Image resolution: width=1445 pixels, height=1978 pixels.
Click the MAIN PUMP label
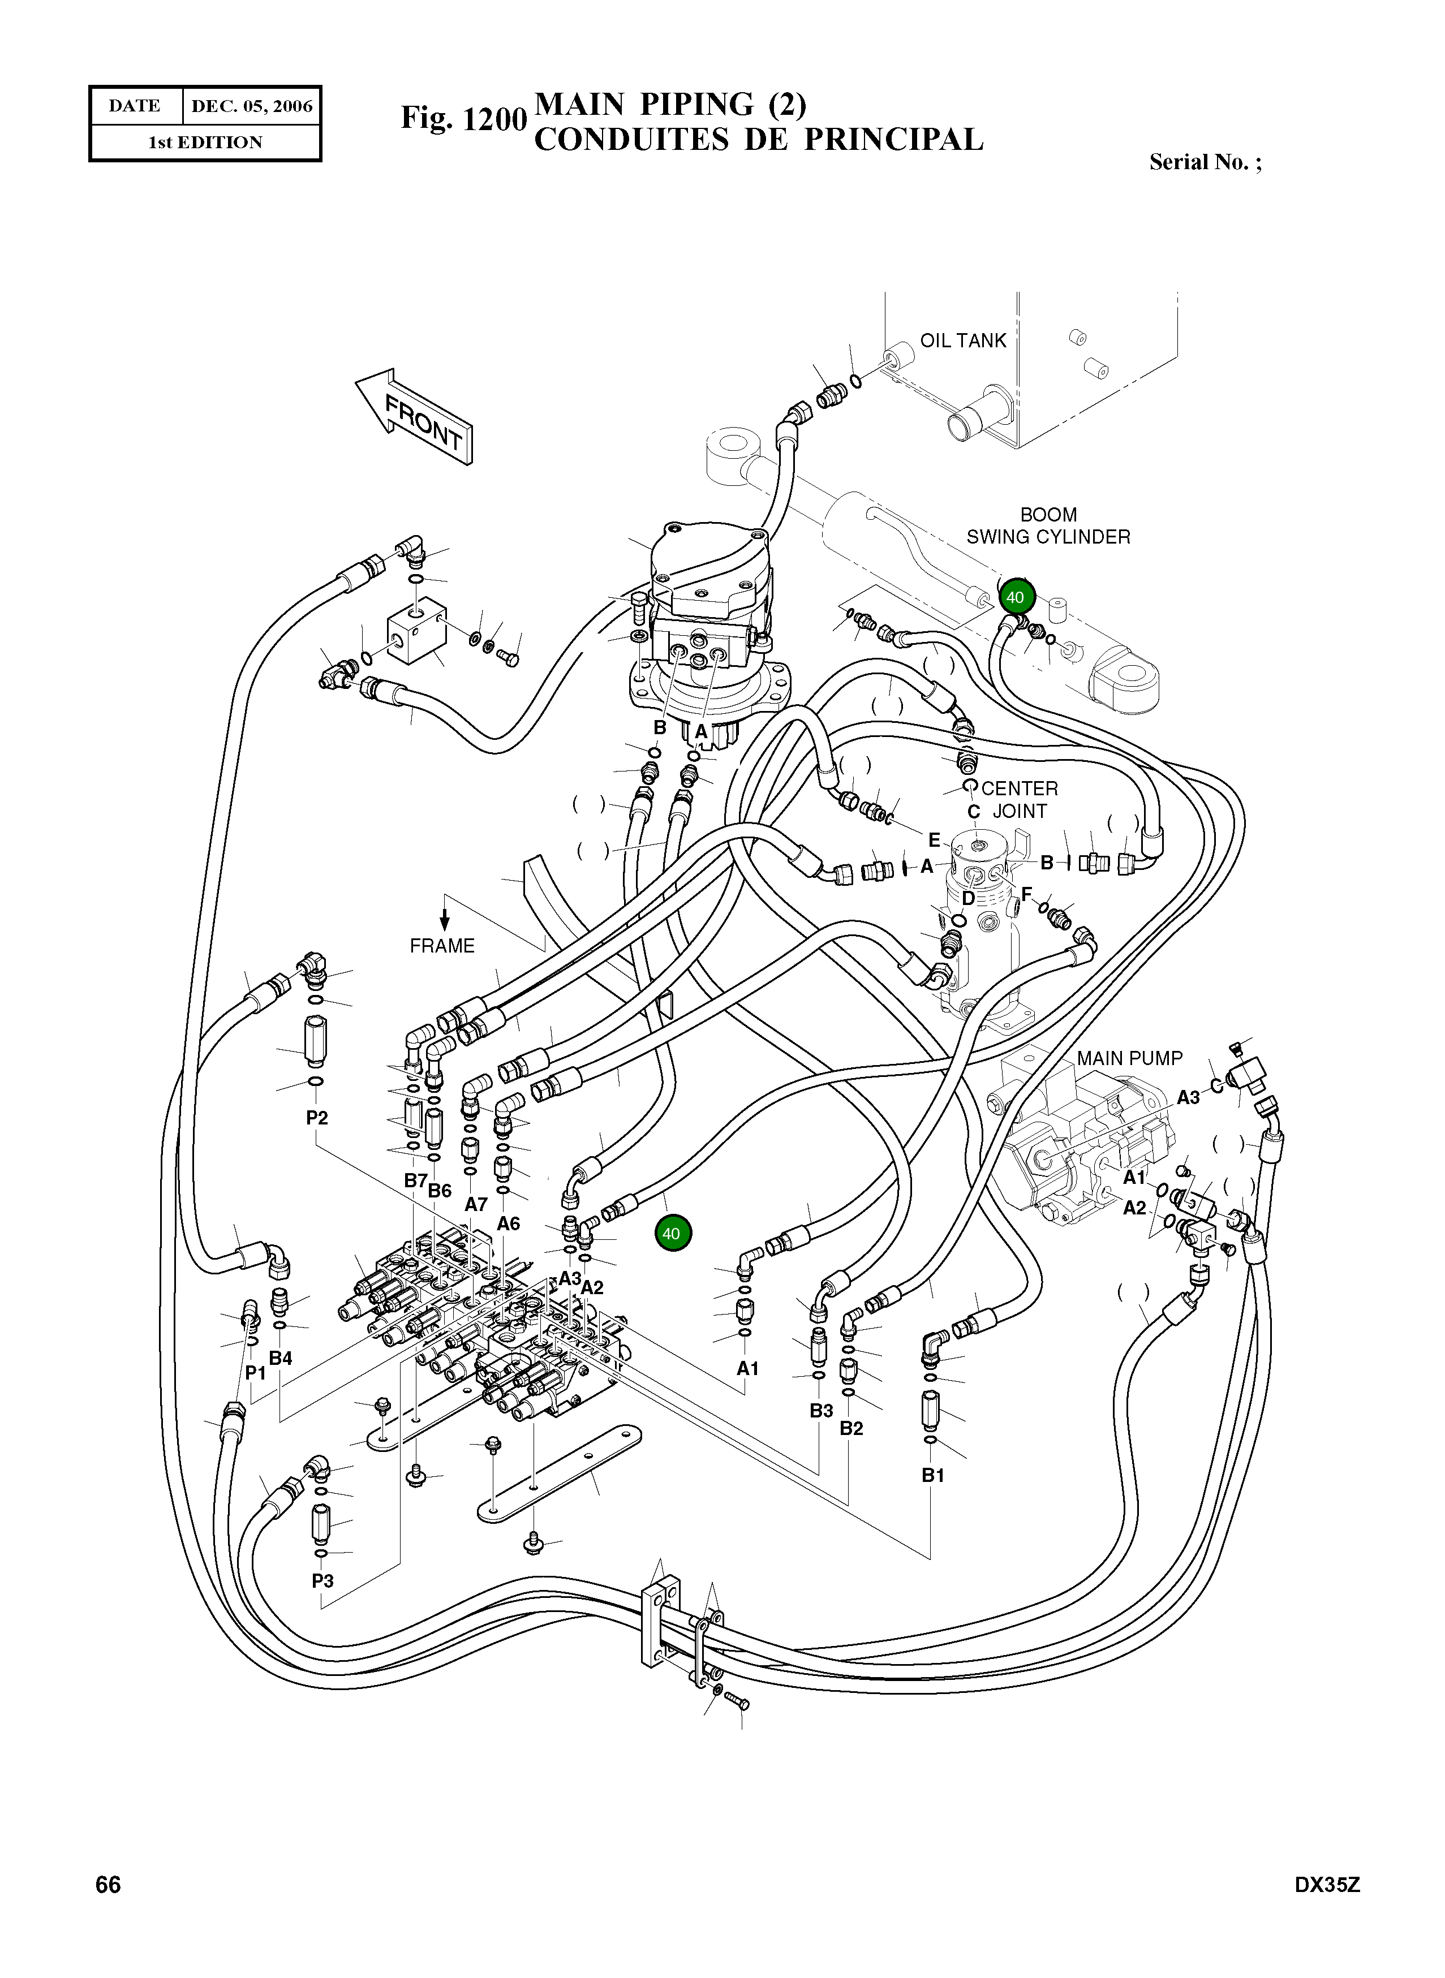(x=1129, y=1058)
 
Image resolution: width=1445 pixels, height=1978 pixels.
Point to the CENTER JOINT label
(x=1019, y=799)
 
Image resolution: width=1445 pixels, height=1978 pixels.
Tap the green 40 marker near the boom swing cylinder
(x=1016, y=598)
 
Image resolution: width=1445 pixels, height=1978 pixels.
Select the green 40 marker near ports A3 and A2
(x=672, y=1234)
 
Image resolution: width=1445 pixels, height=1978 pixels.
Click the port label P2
(x=317, y=1118)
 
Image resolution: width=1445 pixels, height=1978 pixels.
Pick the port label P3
(x=322, y=1581)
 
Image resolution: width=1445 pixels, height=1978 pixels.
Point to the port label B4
(x=281, y=1358)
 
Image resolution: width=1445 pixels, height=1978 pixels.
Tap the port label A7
(x=476, y=1204)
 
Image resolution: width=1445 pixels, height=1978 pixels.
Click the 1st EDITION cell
(x=205, y=143)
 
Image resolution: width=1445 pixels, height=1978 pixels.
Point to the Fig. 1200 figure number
(x=463, y=118)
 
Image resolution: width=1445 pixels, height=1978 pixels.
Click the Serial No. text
(x=1205, y=162)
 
